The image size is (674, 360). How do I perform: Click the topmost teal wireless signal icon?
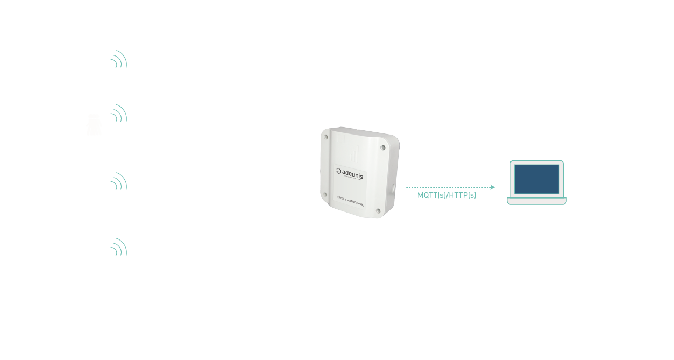pos(119,60)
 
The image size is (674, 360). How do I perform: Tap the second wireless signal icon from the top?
pos(119,114)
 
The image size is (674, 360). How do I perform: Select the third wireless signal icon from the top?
pos(119,182)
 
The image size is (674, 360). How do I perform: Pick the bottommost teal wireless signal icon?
pos(119,247)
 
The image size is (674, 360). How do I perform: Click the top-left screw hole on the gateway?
pos(326,137)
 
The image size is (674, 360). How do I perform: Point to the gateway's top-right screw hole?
pos(382,146)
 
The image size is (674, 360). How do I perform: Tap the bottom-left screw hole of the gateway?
pos(325,194)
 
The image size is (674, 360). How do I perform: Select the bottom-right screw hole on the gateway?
pos(379,210)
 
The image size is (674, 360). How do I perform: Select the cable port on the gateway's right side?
pos(394,188)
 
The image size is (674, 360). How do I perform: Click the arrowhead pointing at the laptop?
pos(492,187)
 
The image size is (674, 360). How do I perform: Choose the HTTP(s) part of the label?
pos(463,196)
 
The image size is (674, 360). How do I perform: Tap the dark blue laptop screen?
pos(536,179)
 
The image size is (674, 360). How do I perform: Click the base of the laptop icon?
pos(536,201)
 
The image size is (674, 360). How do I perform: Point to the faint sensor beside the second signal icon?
pos(94,125)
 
